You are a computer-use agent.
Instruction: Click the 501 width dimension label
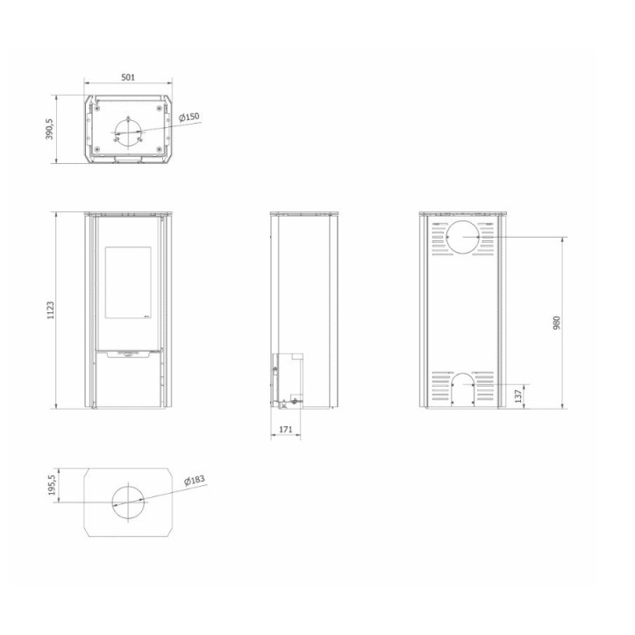(128, 78)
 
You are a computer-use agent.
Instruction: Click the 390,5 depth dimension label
(50, 129)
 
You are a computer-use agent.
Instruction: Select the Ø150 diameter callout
(189, 118)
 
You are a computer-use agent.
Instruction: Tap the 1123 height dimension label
(50, 311)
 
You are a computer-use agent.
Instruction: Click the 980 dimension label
(556, 323)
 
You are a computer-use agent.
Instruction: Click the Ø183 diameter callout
(195, 481)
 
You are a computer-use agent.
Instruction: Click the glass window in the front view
(127, 282)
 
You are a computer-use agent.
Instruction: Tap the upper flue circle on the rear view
(462, 238)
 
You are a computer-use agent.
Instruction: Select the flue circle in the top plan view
(127, 134)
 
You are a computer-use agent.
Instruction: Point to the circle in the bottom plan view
(128, 499)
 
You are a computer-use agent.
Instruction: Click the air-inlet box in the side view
(288, 379)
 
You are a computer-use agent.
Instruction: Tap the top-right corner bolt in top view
(159, 107)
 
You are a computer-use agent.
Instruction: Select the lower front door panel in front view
(127, 383)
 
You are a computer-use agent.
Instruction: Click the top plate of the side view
(303, 215)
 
